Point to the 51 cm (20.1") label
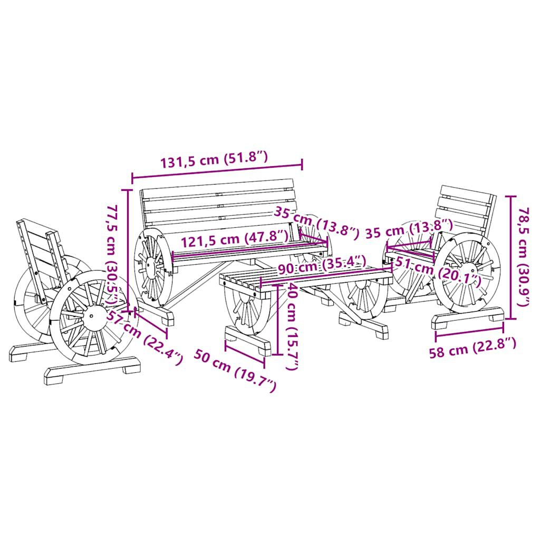pyautogui.click(x=437, y=272)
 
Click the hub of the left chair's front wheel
pyautogui.click(x=91, y=315)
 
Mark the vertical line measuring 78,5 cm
pyautogui.click(x=510, y=257)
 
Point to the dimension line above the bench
pyautogui.click(x=217, y=170)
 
